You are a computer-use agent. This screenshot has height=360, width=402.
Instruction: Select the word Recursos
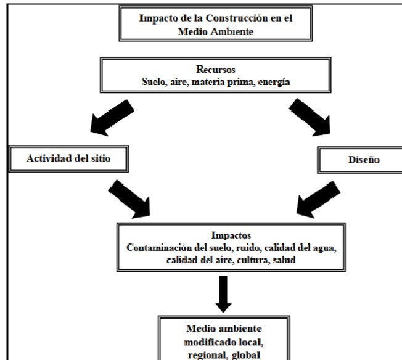pos(216,69)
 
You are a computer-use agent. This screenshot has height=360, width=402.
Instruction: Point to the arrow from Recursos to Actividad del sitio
pos(112,118)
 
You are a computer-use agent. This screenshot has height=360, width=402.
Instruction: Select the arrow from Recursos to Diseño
pos(310,117)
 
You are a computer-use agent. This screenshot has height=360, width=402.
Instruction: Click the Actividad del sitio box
pos(68,158)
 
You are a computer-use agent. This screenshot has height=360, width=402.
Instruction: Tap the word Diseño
pos(364,160)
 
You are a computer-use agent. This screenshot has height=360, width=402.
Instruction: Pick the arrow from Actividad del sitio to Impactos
pos(129,199)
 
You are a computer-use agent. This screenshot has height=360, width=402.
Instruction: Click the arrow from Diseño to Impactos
pos(318,200)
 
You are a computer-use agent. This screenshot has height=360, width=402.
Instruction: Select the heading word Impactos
pos(231,235)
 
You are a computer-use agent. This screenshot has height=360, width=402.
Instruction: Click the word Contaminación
pos(159,248)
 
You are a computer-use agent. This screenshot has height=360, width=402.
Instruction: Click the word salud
pos(284,260)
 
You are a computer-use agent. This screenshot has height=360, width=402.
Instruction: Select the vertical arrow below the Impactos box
pos(223,294)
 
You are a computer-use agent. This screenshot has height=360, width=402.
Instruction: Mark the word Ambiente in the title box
pos(232,32)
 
